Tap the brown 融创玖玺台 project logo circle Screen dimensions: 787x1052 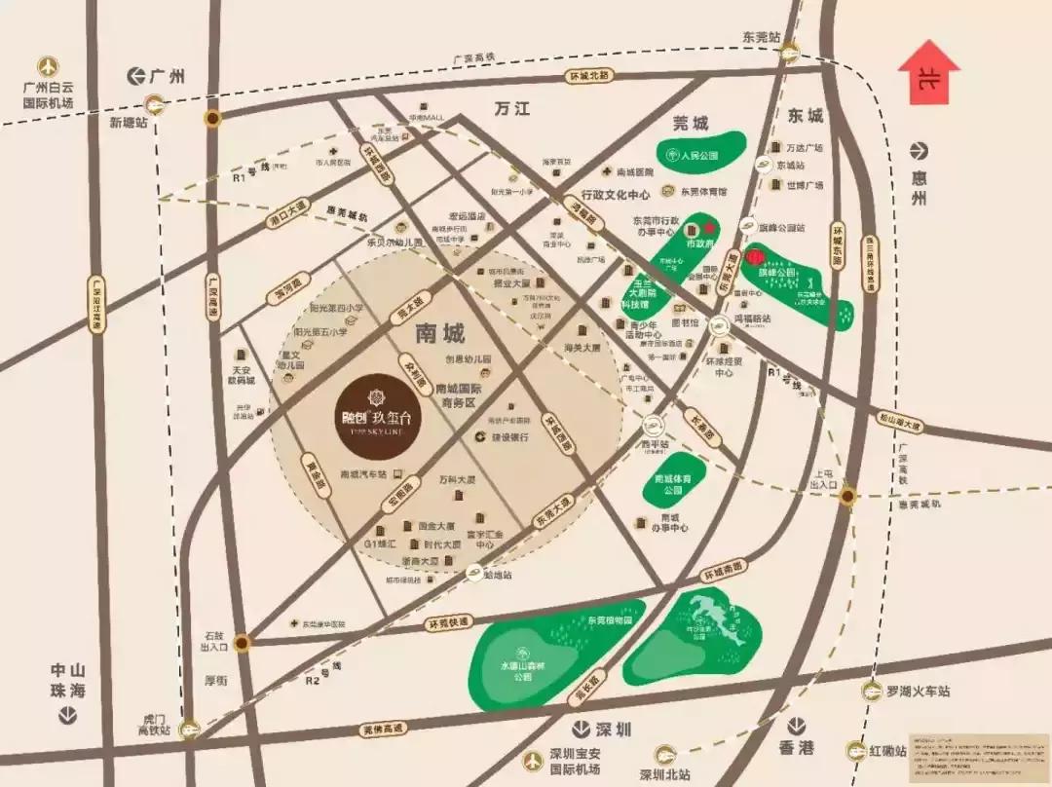(x=375, y=405)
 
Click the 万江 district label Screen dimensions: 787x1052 (x=511, y=109)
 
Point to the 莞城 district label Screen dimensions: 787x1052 (x=693, y=124)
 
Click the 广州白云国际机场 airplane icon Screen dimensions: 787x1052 (x=48, y=66)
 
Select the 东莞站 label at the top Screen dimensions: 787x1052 (x=761, y=37)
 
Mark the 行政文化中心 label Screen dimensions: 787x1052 (x=616, y=195)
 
